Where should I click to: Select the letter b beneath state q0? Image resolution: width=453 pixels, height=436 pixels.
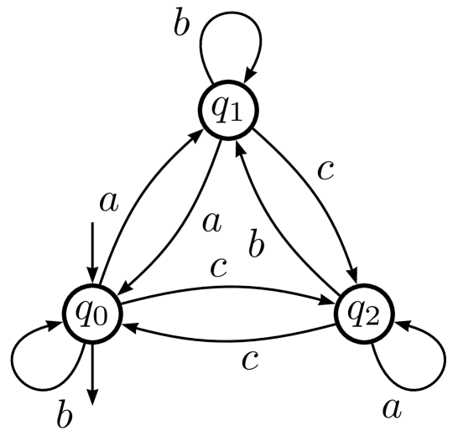62,413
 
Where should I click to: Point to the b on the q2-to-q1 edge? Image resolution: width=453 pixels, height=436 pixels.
258,249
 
